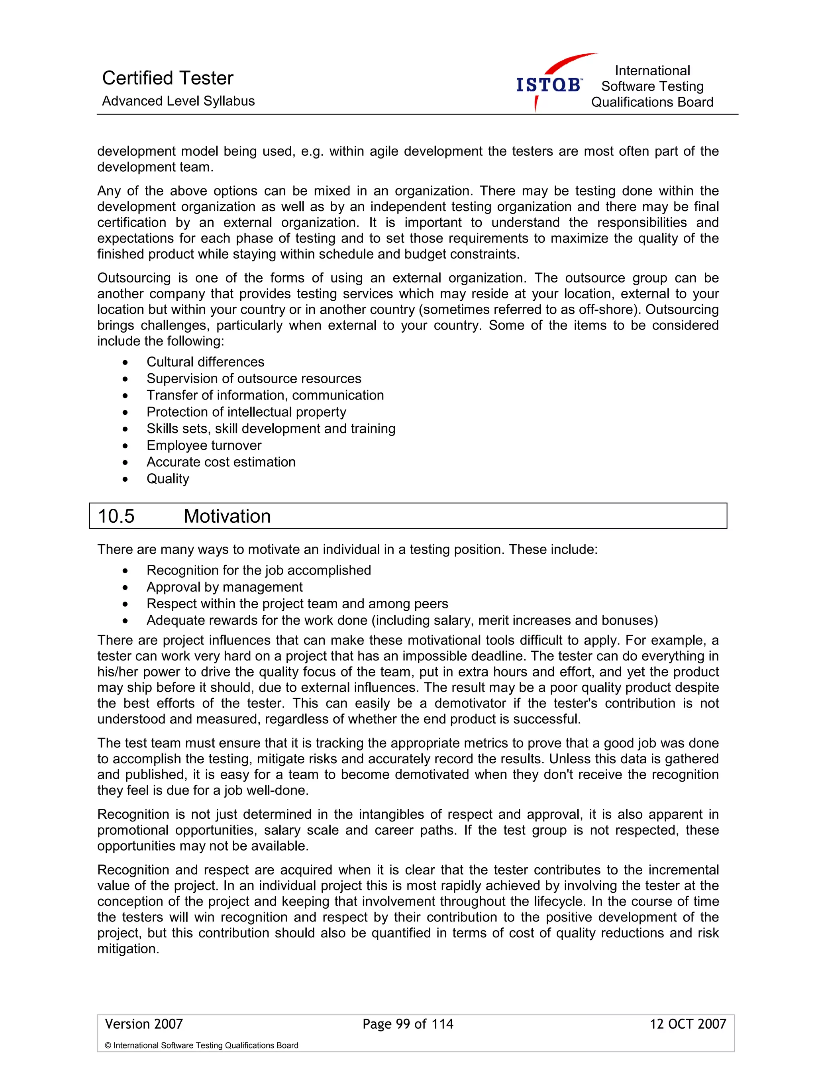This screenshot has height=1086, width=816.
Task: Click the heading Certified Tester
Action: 167,78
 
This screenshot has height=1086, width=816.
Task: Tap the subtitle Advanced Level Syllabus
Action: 178,101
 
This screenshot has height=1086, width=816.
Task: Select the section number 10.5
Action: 116,516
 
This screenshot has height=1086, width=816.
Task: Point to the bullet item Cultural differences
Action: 205,362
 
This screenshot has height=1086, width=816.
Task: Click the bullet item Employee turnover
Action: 204,445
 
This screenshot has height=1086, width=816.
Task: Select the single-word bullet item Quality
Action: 167,479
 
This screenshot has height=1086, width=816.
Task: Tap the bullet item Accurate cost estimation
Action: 221,462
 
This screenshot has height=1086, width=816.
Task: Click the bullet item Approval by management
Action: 224,587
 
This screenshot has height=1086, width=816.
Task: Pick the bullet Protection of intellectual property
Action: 246,412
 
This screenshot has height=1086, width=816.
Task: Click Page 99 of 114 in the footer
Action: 408,1024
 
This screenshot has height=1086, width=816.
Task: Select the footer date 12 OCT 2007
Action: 687,1024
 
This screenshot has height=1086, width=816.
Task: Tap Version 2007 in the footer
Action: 144,1024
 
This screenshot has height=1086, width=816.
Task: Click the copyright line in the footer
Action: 201,1045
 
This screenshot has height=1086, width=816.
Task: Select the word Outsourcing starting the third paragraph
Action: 133,278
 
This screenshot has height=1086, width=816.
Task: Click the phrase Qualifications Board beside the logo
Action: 651,102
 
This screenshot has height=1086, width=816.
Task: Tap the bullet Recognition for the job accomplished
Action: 258,570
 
